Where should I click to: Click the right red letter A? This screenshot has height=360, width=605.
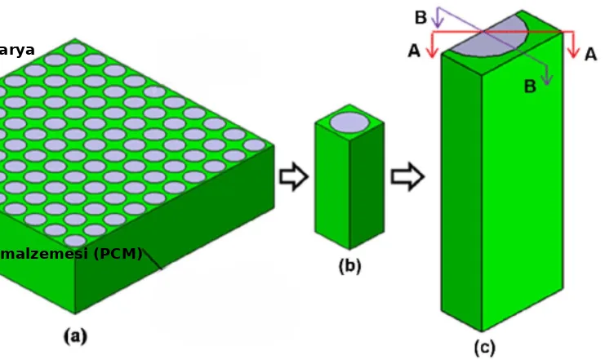coord(590,53)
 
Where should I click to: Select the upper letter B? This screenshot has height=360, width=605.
coord(420,17)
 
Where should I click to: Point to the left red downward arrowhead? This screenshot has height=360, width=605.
coord(433,53)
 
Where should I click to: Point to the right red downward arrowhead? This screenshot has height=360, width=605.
coord(575,52)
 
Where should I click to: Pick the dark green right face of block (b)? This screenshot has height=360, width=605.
coord(367,188)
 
